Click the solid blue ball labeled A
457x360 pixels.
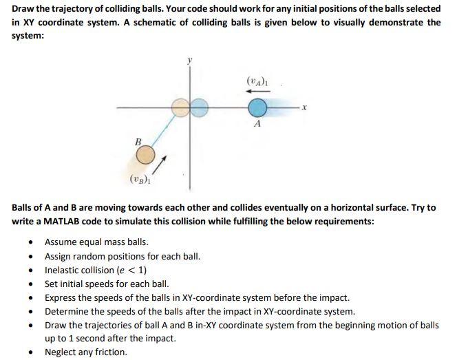coord(257,108)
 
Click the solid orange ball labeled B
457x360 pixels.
coord(145,156)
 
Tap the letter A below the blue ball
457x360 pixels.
coord(257,126)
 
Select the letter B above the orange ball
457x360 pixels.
coord(138,142)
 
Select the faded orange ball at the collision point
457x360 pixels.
coord(181,107)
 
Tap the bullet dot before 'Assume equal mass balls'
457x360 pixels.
coord(31,242)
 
